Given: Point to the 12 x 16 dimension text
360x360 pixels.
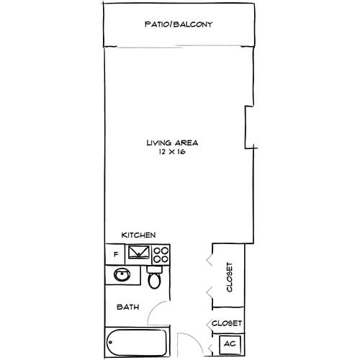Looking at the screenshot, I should click(x=171, y=152).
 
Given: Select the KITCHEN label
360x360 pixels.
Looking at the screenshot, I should click(x=138, y=235).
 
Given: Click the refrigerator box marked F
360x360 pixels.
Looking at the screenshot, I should click(x=115, y=254).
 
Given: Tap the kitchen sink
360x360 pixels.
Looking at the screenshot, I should click(x=139, y=253).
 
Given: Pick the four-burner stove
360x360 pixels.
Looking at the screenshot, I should click(x=161, y=254).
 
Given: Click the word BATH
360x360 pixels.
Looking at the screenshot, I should click(x=128, y=307).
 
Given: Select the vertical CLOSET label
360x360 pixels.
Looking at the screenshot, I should click(x=230, y=277).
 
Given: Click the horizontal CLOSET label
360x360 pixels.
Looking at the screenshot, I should click(x=227, y=323).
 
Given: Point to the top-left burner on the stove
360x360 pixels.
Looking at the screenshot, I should click(x=158, y=250).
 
